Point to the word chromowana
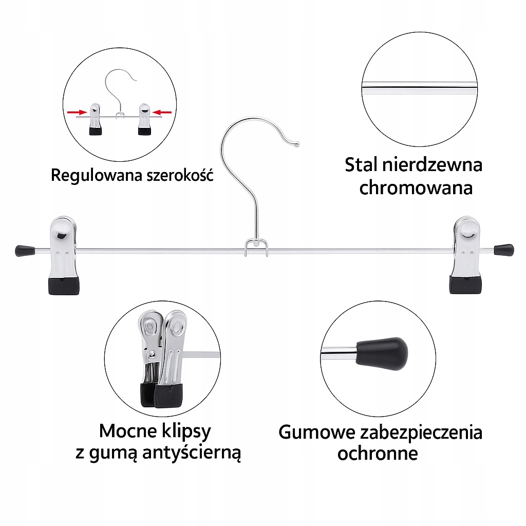coord(416,187)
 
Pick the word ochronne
coord(378,454)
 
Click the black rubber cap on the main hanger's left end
coord(24,251)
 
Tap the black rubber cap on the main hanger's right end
coord(504,250)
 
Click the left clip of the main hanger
coord(64,255)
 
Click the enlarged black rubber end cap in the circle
coord(383,353)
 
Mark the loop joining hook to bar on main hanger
coord(256,246)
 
